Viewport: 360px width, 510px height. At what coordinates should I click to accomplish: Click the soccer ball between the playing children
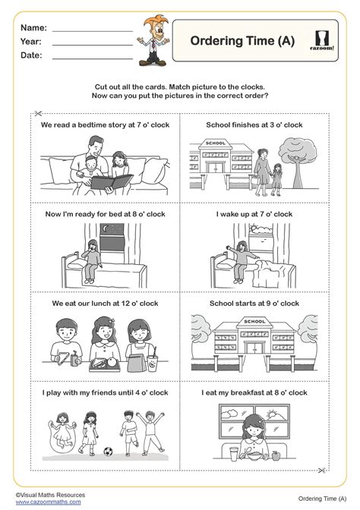[x=108, y=452]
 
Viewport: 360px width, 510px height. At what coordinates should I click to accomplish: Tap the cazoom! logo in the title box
[x=322, y=40]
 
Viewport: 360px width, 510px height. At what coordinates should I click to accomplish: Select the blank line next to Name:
[x=93, y=31]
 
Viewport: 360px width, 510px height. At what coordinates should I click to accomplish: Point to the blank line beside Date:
[x=93, y=59]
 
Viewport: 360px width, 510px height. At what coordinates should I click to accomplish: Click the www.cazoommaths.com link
[x=48, y=502]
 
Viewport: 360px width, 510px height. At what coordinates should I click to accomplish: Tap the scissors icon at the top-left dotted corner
[x=38, y=113]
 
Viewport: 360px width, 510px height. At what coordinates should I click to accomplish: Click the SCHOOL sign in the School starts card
[x=254, y=321]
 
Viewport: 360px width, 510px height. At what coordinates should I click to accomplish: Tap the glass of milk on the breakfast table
[x=234, y=454]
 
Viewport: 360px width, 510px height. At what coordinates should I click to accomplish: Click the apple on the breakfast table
[x=276, y=455]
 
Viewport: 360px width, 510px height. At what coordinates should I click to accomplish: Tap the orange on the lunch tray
[x=112, y=362]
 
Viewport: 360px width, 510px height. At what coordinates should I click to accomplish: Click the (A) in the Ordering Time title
[x=286, y=41]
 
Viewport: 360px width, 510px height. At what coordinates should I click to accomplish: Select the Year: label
[x=31, y=42]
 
